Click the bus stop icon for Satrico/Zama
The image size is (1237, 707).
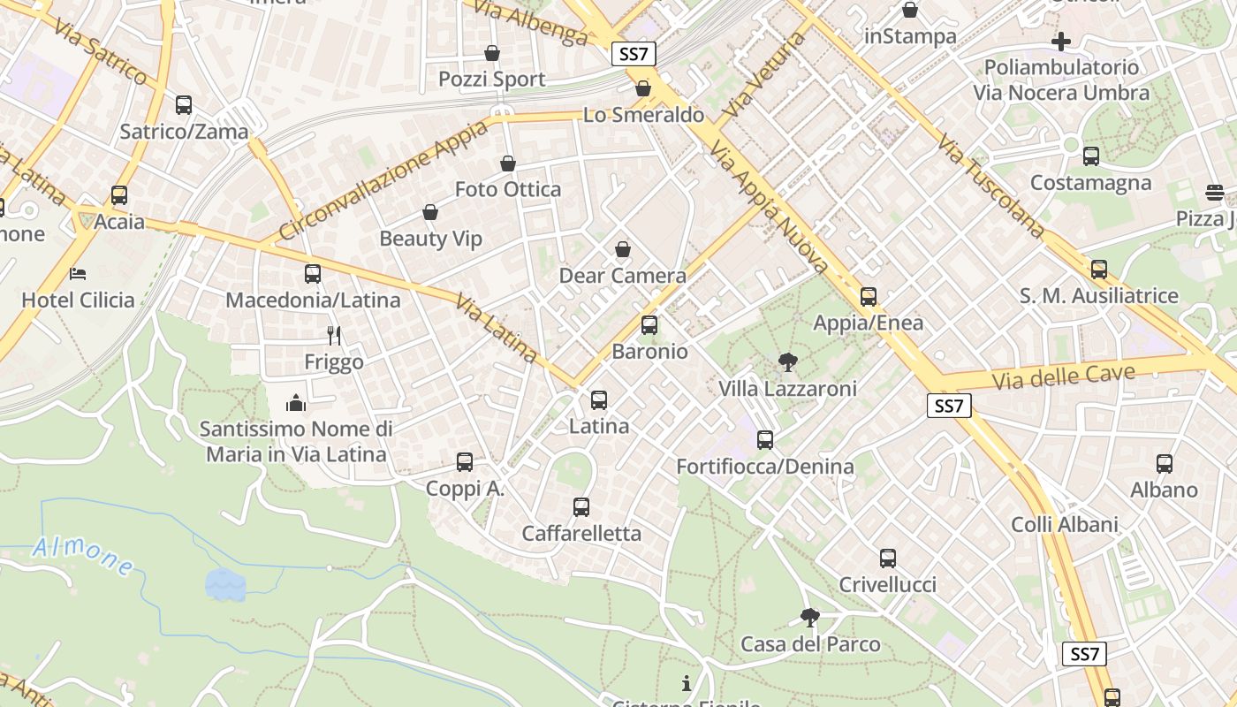[x=184, y=105]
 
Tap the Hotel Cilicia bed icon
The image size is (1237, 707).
[x=79, y=274]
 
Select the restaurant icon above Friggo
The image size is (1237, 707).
[x=334, y=336]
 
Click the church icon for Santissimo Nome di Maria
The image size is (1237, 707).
[x=296, y=403]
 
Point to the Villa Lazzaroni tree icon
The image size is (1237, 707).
[x=787, y=362]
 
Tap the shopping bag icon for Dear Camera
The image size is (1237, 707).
[x=623, y=250]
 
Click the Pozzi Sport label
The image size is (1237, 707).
[x=492, y=80]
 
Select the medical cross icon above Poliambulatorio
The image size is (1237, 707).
[x=1061, y=42]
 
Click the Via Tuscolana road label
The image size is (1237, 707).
[x=991, y=186]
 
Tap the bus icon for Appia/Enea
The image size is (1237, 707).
[x=869, y=297]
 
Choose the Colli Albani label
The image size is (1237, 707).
[x=1065, y=525]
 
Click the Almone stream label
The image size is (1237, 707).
[x=83, y=555]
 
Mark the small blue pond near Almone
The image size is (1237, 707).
[x=225, y=584]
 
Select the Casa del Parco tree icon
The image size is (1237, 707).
[x=809, y=618]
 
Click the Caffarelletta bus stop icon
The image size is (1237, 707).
[x=581, y=507]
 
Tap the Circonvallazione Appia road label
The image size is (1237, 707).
[x=384, y=181]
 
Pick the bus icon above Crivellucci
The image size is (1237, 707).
[x=888, y=559]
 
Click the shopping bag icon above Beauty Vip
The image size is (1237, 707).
[x=430, y=212]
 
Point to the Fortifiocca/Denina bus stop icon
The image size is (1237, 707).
[x=765, y=440]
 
